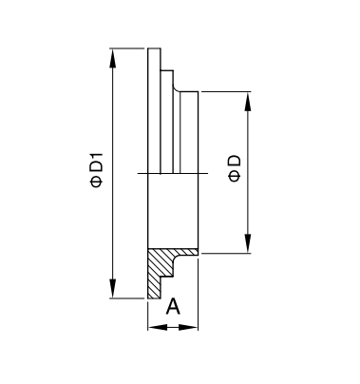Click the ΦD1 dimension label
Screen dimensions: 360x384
tap(97, 170)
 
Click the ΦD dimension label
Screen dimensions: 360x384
tap(235, 168)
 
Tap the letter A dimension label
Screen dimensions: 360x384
tap(173, 306)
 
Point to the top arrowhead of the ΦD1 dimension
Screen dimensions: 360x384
tap(112, 58)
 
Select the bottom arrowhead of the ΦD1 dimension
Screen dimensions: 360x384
tap(112, 289)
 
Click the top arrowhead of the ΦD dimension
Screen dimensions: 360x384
tap(248, 102)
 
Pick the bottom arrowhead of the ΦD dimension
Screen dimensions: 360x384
tap(248, 243)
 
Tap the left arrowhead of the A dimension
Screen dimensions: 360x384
tap(158, 327)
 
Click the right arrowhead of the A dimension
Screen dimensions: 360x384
tap(188, 327)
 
